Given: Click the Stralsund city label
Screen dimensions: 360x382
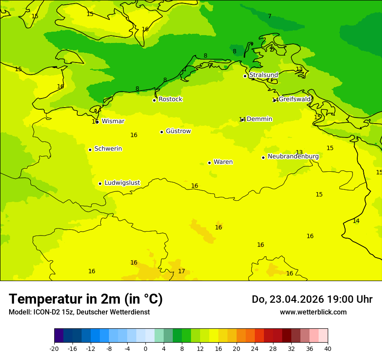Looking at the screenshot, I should (x=263, y=75).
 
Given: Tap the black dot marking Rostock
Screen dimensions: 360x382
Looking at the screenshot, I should (x=154, y=100).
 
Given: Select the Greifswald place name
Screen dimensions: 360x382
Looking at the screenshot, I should (x=295, y=99).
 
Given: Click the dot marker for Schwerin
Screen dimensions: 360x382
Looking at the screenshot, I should (x=90, y=150).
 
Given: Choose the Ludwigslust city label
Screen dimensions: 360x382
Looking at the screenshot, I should (x=122, y=183).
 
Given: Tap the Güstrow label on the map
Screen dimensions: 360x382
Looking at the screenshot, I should (x=178, y=131).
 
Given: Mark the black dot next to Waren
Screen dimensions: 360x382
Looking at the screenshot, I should (x=209, y=163).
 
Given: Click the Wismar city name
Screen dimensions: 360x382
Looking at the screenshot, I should (x=113, y=121).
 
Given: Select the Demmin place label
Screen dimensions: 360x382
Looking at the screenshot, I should (x=259, y=119).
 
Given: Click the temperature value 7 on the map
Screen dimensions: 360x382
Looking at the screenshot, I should (x=270, y=16).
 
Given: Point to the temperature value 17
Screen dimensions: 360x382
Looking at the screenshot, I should (x=181, y=272).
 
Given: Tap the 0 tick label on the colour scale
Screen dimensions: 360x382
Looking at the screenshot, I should (x=145, y=349).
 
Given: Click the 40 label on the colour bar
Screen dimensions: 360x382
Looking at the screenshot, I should (x=328, y=349).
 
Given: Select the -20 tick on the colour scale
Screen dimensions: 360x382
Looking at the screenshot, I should (x=54, y=349).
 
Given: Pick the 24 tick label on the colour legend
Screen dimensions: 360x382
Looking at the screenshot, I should (x=255, y=349).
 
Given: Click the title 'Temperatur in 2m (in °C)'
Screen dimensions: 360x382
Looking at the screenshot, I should (x=86, y=299).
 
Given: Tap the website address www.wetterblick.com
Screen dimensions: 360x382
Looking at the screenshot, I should (x=313, y=312).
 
